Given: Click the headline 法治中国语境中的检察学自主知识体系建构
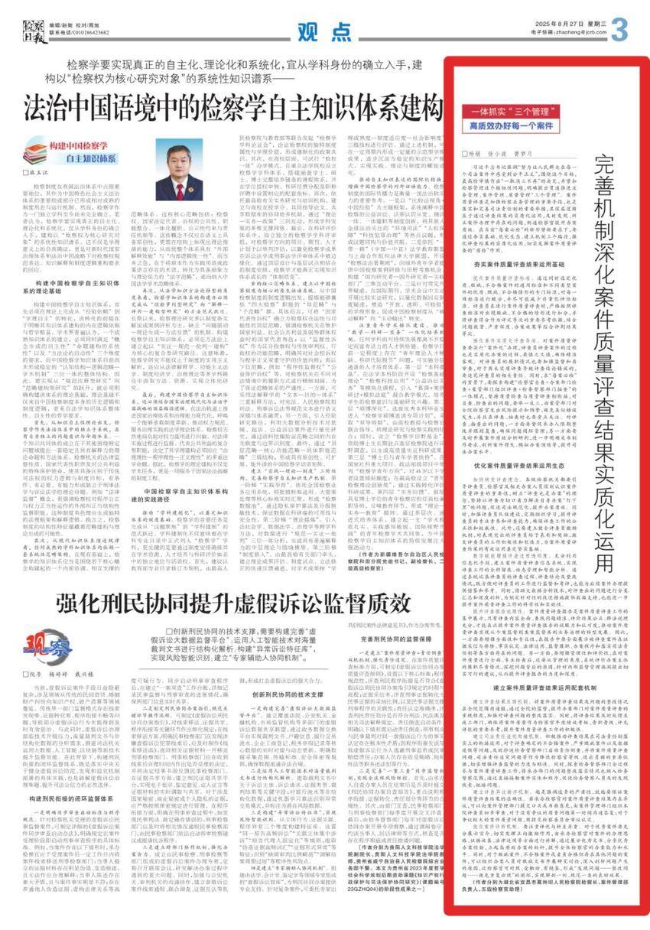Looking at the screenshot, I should (234, 105).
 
